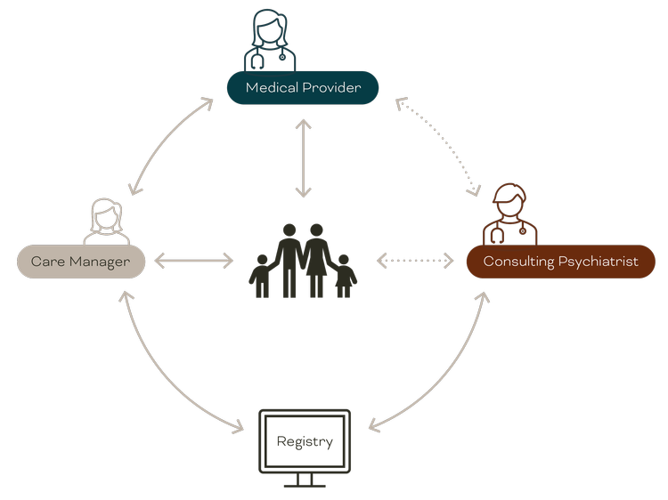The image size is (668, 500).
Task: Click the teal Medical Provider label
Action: pos(303,87)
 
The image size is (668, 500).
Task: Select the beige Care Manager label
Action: pos(81,262)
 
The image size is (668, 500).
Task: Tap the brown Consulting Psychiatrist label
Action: pos(560,262)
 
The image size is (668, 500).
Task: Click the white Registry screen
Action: pos(305,442)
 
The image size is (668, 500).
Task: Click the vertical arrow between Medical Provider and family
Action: pos(304,157)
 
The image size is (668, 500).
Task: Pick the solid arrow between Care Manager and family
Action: pos(193,261)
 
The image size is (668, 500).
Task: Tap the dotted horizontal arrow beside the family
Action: pos(415,261)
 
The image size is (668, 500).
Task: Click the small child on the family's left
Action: pos(261,276)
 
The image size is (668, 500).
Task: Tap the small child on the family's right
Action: pos(344,276)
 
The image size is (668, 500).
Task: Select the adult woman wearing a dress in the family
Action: pos(317,258)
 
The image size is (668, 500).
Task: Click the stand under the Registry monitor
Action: pos(305,481)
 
